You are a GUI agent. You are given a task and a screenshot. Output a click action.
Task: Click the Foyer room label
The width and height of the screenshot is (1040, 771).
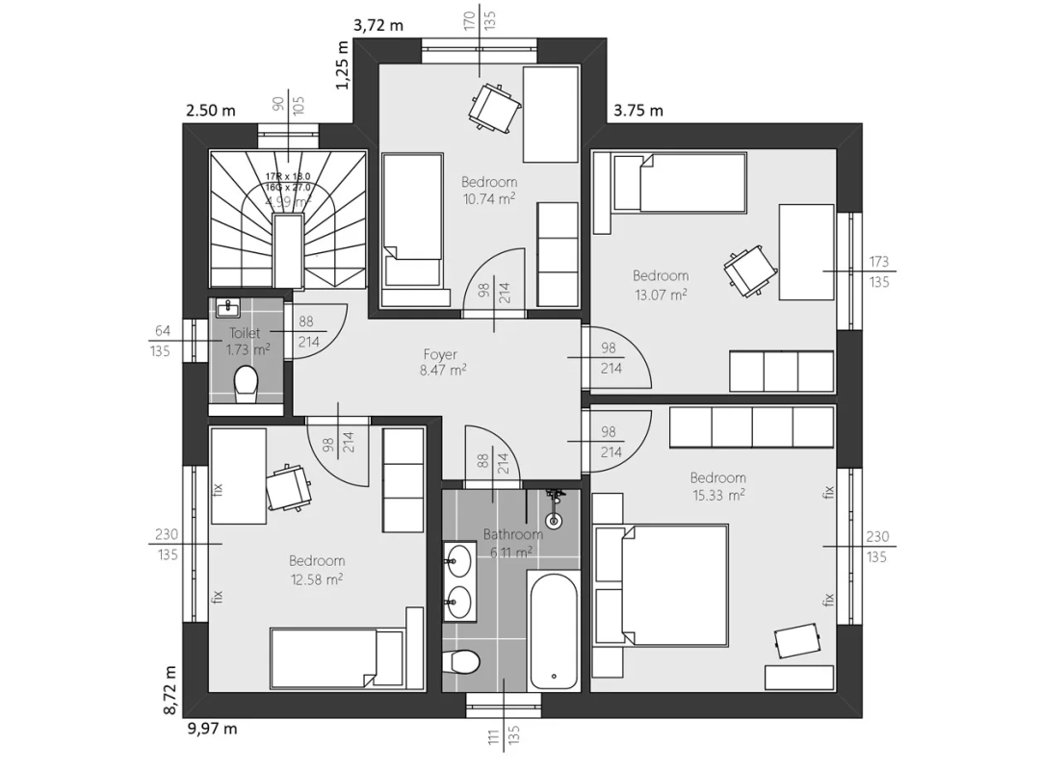click(441, 354)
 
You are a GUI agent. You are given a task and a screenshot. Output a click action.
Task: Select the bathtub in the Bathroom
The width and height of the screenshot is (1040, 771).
click(554, 630)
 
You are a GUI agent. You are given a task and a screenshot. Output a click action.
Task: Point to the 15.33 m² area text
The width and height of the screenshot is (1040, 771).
click(717, 495)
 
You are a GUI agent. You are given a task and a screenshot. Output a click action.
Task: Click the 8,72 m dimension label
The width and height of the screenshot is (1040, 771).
click(170, 689)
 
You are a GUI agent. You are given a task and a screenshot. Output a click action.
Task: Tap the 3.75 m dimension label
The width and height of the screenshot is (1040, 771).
click(638, 110)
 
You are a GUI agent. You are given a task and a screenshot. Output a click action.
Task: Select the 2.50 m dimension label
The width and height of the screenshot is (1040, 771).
click(211, 110)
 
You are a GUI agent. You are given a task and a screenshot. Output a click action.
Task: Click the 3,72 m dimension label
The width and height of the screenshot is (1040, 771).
click(378, 26)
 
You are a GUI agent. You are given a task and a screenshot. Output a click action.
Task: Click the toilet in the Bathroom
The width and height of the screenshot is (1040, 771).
click(464, 662)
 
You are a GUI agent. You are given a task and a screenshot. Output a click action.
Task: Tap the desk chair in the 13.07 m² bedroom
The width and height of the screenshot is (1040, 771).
click(750, 269)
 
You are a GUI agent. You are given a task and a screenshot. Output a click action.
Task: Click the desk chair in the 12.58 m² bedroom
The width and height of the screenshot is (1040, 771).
click(288, 487)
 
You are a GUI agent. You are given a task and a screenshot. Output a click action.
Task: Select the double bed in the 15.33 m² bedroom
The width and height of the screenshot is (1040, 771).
click(674, 583)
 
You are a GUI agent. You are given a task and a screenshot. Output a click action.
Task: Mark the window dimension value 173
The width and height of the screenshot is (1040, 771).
click(878, 261)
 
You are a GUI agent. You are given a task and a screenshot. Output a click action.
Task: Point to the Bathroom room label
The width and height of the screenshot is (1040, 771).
click(512, 534)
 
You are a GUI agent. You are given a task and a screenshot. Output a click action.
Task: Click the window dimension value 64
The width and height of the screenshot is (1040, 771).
click(161, 332)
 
